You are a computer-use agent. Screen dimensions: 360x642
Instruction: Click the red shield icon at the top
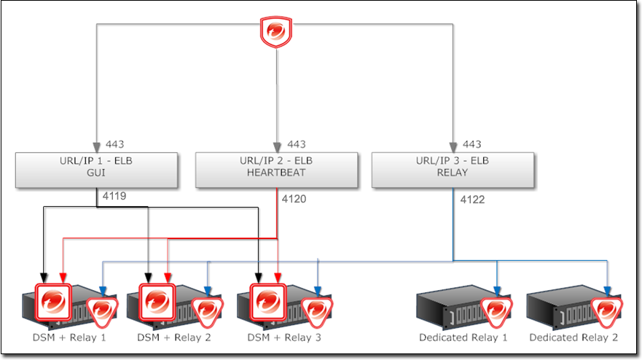tap(276, 33)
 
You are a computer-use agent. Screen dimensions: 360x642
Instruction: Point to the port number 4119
tap(114, 195)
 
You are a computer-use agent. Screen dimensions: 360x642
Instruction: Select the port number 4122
tap(472, 198)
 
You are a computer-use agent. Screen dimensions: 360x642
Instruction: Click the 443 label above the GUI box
tap(115, 144)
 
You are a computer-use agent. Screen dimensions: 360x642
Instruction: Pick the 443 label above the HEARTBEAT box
tap(296, 144)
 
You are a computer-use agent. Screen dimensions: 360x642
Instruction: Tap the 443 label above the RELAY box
tap(471, 144)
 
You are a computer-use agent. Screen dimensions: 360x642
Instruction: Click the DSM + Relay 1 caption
tap(69, 337)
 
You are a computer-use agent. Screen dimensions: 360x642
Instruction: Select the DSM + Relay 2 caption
tap(174, 337)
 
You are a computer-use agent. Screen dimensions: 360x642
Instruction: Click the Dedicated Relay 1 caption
tap(463, 337)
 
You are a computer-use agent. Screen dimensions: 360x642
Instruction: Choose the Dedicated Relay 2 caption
tap(574, 337)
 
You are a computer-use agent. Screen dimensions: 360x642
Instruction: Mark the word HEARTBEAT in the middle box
tap(277, 173)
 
